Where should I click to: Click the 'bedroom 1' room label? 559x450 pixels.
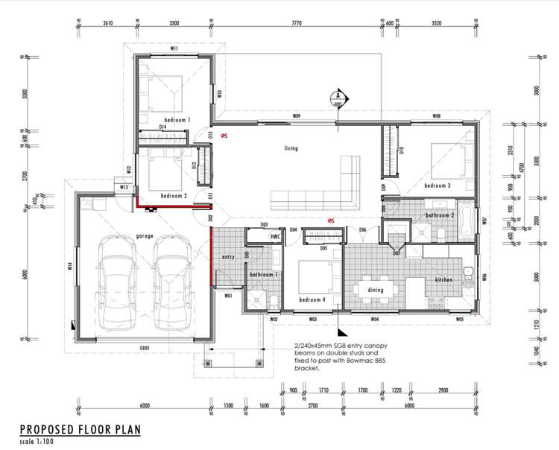coord(177,119)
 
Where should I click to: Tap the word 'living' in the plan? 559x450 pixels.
coord(291,148)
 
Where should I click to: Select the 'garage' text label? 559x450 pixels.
coord(145,236)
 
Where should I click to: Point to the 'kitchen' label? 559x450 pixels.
coord(443,279)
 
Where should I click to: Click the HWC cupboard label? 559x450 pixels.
coord(275,236)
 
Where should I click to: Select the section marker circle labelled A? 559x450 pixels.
coord(337,95)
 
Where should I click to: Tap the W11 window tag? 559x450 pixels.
coord(173,48)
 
